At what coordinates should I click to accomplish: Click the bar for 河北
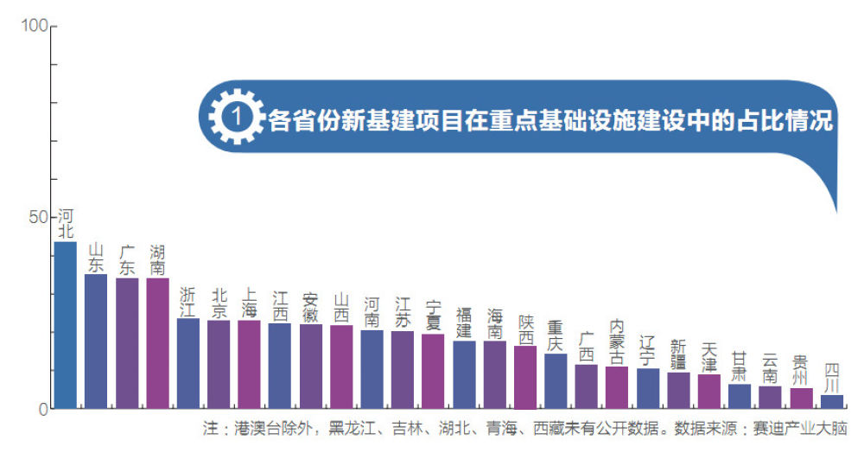point(65,325)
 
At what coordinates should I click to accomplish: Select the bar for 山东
point(95,341)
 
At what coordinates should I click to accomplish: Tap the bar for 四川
point(832,402)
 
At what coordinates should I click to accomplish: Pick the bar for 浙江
point(187,363)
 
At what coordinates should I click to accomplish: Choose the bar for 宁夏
point(433,371)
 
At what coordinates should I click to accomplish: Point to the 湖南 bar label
point(157,260)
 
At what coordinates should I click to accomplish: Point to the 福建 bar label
point(464,322)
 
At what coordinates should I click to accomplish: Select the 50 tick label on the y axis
point(39,218)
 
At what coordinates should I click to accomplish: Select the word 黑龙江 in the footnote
point(353,428)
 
